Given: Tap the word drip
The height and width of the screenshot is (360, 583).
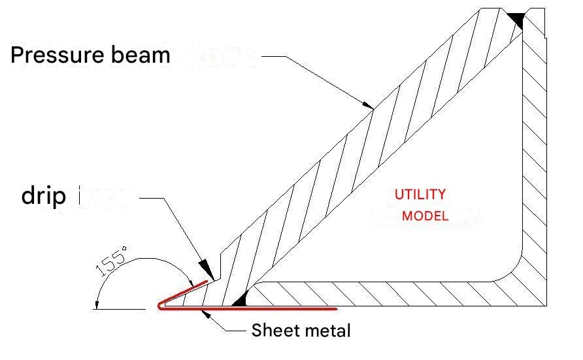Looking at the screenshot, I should click(x=44, y=195).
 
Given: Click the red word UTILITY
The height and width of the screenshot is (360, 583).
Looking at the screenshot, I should click(x=420, y=194).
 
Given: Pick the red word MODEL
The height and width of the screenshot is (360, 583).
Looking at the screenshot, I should click(x=425, y=216).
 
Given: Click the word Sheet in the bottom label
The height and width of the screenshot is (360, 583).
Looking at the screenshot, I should click(x=273, y=331).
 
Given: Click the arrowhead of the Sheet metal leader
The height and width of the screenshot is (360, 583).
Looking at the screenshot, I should click(x=207, y=314).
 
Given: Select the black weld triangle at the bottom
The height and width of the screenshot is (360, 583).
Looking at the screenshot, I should click(x=239, y=299).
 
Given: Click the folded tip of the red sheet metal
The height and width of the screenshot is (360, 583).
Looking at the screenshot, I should click(x=159, y=305).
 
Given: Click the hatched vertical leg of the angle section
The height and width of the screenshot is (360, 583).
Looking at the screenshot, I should click(x=535, y=163).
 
